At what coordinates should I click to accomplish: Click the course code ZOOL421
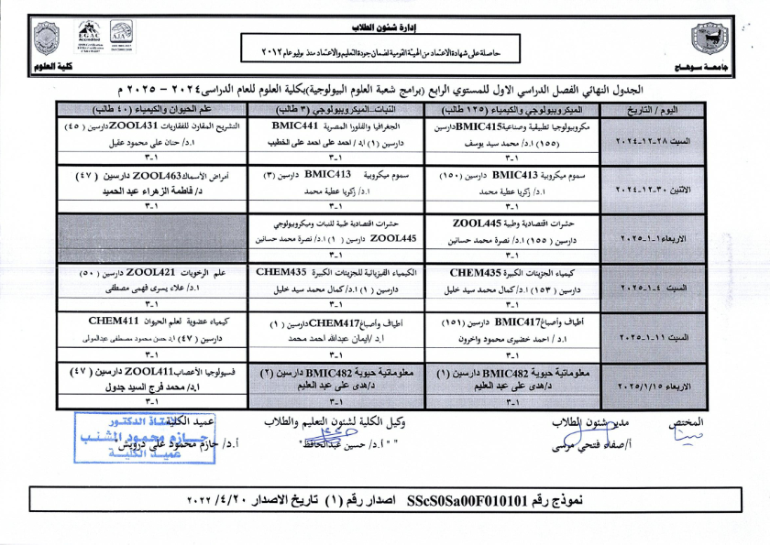click(x=151, y=272)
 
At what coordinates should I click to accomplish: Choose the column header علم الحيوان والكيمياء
click(x=152, y=109)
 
